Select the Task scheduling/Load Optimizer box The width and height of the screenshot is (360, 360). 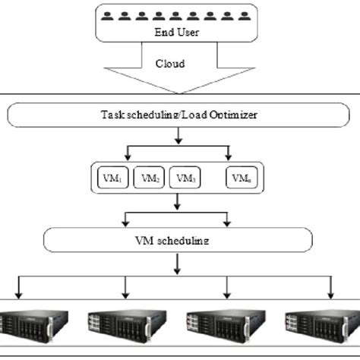click(178, 116)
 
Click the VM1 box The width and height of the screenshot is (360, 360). click(111, 178)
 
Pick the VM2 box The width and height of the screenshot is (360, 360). click(148, 178)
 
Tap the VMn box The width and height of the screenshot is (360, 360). click(242, 178)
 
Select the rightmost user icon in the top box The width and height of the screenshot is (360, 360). click(245, 14)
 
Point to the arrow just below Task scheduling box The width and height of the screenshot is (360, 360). click(178, 137)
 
